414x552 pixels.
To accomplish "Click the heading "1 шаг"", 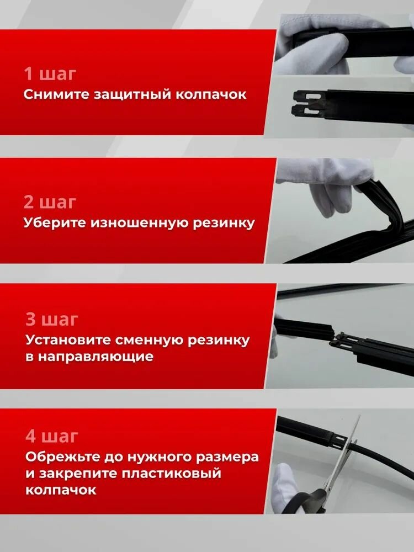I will click(49, 74).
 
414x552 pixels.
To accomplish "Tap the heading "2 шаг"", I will click(50, 202).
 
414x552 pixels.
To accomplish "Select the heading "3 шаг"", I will click(52, 320).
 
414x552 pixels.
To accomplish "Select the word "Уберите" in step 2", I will click(53, 223).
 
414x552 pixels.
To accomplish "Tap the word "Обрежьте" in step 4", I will click(59, 458).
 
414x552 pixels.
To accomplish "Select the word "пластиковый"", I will click(172, 474).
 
